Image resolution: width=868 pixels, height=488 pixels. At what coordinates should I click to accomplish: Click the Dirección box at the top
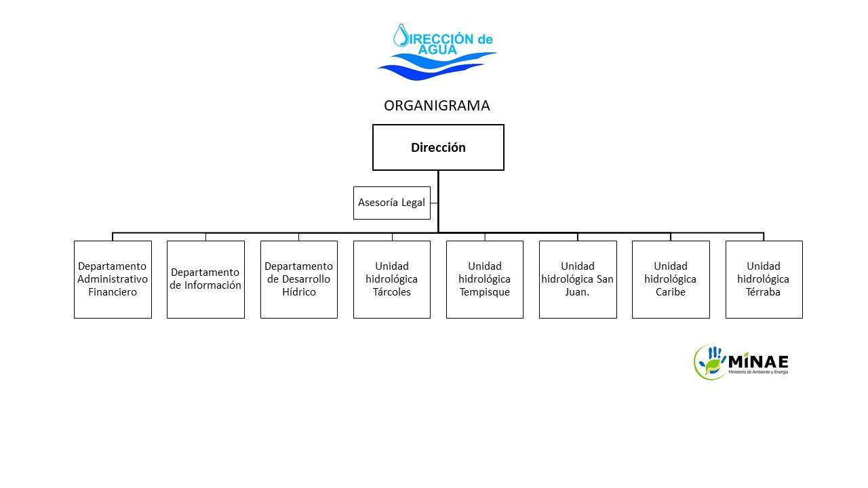438,147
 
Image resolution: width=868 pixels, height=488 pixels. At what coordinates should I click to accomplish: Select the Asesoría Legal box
392,203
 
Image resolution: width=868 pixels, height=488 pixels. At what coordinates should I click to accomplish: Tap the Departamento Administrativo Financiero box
113,279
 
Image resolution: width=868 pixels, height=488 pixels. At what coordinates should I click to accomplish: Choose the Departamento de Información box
205,279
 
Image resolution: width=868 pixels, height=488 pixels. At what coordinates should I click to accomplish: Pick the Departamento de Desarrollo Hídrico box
298,279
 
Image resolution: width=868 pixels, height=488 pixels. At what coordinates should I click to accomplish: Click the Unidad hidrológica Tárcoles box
392,279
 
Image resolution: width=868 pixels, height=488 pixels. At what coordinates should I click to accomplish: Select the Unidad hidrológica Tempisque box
485,279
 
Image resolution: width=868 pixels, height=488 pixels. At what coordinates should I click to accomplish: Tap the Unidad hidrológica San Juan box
578,279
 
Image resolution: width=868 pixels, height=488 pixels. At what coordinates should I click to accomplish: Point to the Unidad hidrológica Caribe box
671,279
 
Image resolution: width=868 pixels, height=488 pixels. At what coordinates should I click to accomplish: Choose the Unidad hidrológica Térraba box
764,279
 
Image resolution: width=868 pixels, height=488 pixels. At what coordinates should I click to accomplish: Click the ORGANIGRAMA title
437,106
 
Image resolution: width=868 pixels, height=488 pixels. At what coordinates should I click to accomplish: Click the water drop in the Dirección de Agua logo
401,35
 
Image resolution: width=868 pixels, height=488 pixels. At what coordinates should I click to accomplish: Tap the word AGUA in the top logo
437,49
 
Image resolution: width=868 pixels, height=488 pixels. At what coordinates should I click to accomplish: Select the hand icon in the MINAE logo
714,355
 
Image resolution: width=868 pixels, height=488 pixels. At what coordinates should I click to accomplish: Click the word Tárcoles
392,292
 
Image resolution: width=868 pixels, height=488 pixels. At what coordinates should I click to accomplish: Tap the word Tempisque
485,292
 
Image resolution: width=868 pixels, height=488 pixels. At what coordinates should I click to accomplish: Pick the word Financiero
113,292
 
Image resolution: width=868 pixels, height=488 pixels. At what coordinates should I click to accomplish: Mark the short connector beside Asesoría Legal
434,203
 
